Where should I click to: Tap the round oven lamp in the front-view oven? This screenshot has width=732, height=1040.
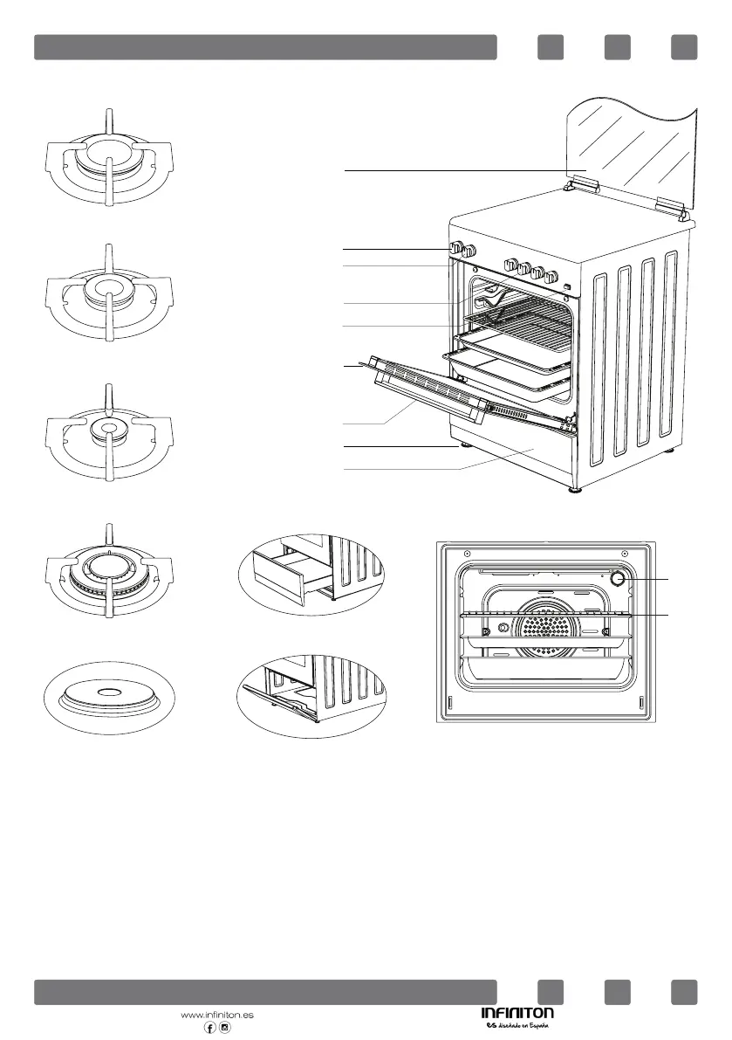pyautogui.click(x=619, y=578)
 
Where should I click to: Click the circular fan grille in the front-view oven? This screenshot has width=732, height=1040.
pyautogui.click(x=544, y=630)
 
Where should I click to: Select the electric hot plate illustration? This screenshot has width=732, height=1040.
pyautogui.click(x=108, y=694)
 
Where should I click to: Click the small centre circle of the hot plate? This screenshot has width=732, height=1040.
pyautogui.click(x=109, y=692)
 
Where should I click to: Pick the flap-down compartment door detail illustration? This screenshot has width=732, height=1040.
pyautogui.click(x=311, y=694)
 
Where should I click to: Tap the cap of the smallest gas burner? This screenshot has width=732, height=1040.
pyautogui.click(x=108, y=427)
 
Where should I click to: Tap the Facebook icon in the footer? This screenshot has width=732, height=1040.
pyautogui.click(x=209, y=1028)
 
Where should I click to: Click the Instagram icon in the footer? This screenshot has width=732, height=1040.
pyautogui.click(x=225, y=1028)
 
